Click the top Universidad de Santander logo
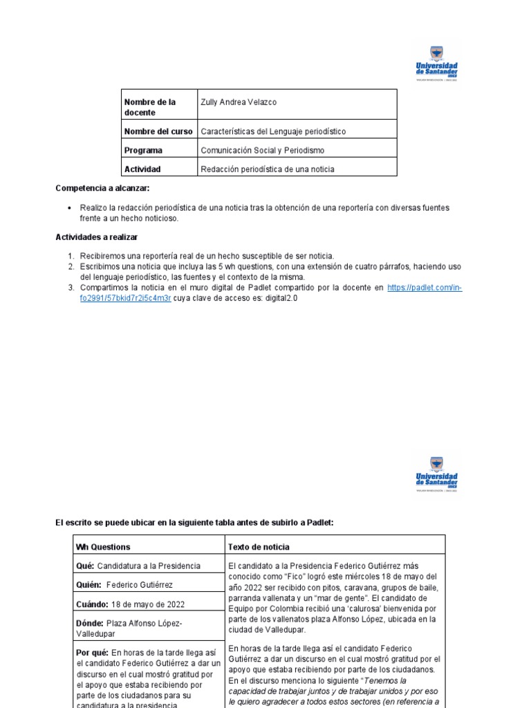[436, 63]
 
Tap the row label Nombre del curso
[158, 131]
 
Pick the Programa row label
[143, 150]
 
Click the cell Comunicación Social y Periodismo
[262, 150]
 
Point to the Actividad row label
[142, 169]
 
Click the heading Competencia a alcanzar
[102, 188]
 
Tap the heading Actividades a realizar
[97, 237]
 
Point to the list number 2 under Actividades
[71, 266]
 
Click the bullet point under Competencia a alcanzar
[71, 208]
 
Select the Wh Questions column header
[102, 547]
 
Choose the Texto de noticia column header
[258, 547]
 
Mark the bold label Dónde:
[90, 623]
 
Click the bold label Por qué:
[93, 652]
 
